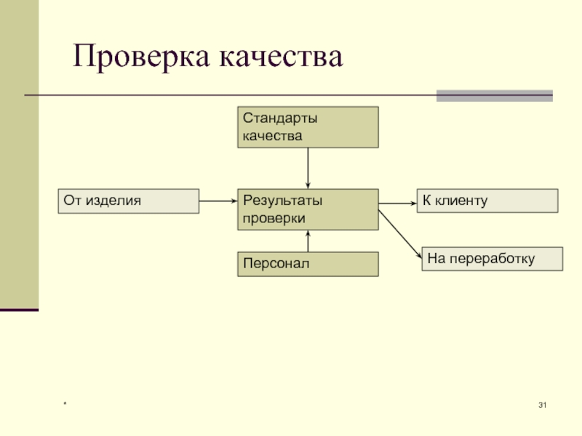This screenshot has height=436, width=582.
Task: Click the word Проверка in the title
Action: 135,57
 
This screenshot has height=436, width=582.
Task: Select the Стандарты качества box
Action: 308,127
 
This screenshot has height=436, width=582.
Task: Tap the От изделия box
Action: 128,201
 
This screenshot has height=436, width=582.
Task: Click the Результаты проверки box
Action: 308,209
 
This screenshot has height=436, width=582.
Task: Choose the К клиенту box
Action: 487,201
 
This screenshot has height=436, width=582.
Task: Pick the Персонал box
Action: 308,264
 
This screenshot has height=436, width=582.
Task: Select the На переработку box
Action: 493,259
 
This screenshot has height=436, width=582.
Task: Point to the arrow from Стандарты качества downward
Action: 308,168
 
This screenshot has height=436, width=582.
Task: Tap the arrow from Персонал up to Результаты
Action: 308,241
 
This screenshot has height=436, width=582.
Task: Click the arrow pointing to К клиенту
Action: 397,203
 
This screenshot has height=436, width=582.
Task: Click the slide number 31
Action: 542,405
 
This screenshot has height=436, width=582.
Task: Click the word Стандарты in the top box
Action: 280,118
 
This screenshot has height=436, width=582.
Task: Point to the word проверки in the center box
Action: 274,218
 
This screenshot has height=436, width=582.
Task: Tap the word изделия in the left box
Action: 113,201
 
